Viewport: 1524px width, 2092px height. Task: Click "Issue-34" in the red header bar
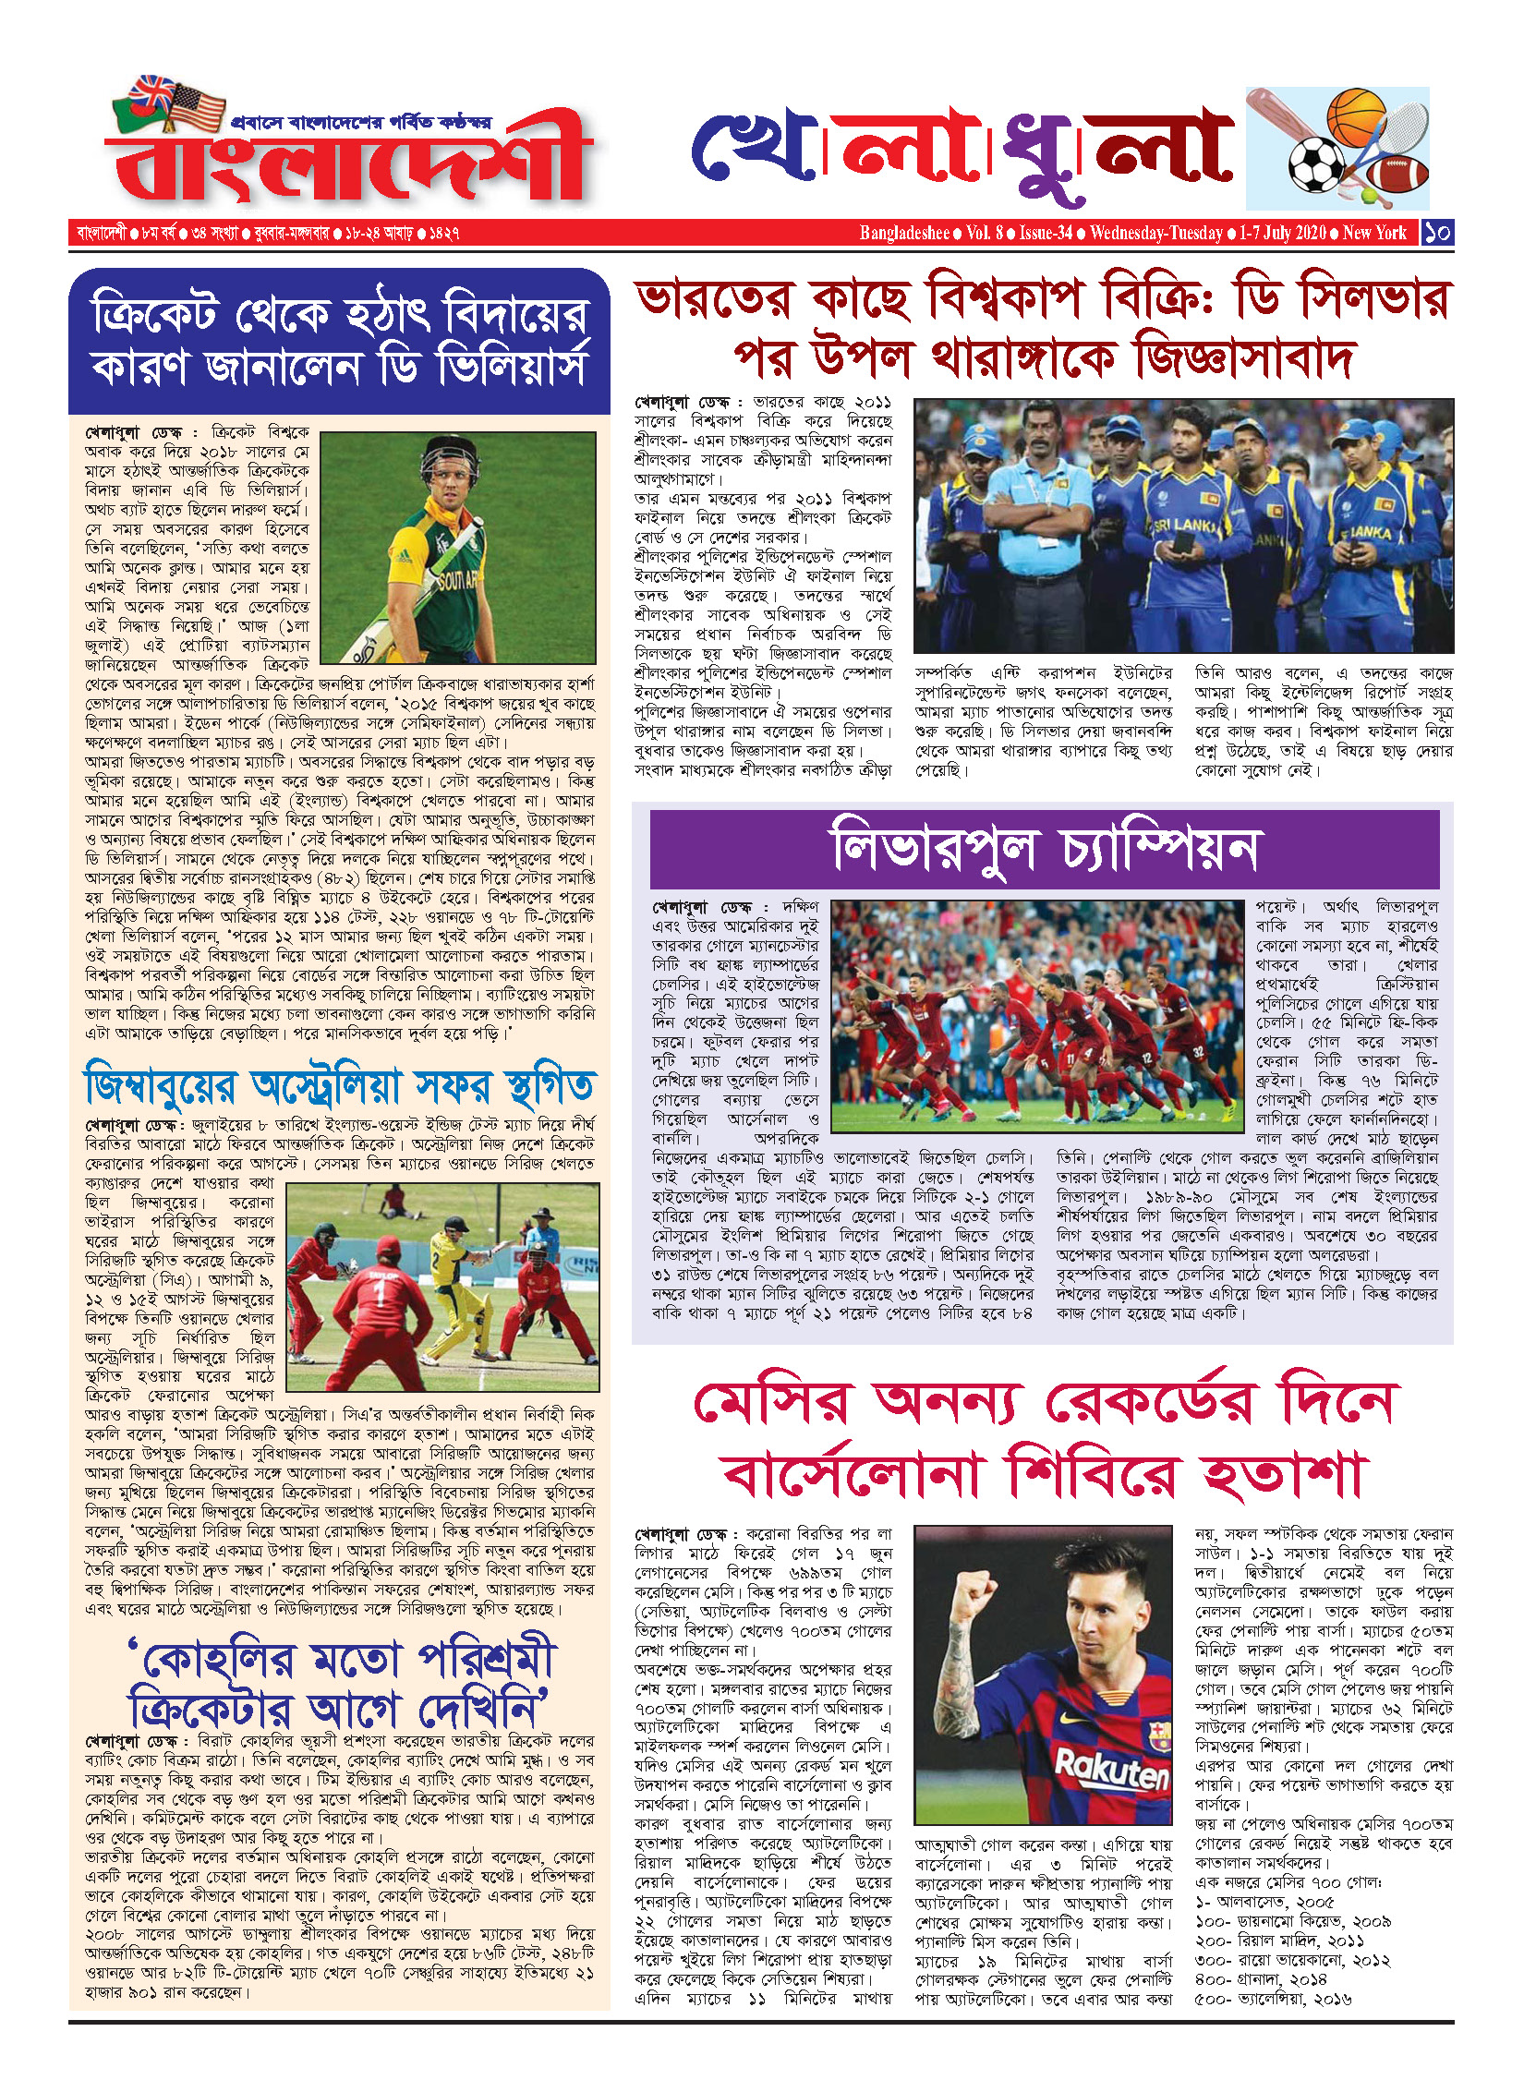point(1045,233)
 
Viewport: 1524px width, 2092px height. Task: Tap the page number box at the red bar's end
point(1436,233)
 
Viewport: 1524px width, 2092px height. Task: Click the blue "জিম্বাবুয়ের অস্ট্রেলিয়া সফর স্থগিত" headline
point(339,1087)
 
